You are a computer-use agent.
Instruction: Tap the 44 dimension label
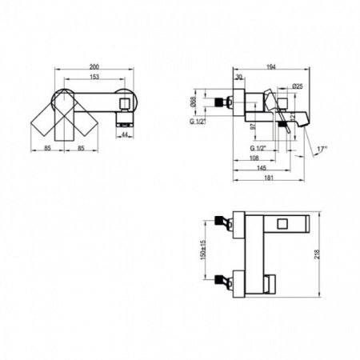(125, 135)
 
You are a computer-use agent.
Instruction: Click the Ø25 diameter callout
(297, 86)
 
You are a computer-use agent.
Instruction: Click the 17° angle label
(320, 148)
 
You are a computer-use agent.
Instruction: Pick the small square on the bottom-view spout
(284, 223)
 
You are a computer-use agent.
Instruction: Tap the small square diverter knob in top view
(123, 105)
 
